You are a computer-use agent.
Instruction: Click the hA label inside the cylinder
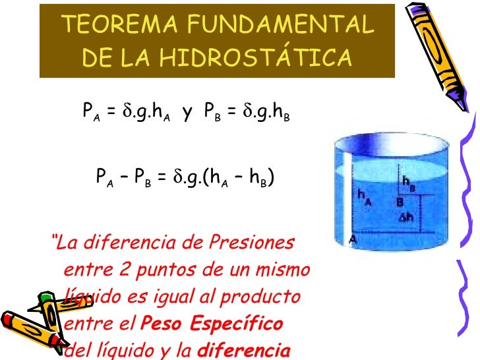[x=364, y=197]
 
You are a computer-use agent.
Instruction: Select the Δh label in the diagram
[x=406, y=216]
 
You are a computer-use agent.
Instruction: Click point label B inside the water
[x=399, y=202]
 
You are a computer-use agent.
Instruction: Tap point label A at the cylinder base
[x=353, y=239]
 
